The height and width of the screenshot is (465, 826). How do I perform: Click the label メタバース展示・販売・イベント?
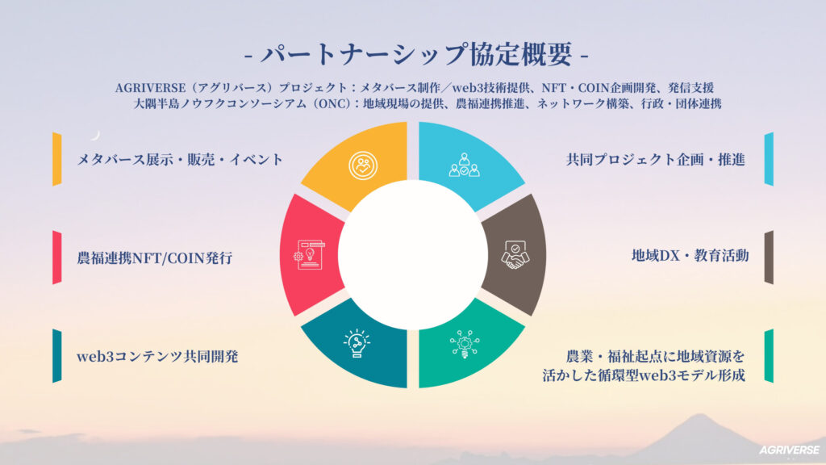pyautogui.click(x=180, y=159)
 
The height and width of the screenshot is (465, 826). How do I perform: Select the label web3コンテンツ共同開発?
pyautogui.click(x=157, y=356)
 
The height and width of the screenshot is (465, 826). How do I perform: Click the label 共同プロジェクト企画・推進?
pyautogui.click(x=654, y=159)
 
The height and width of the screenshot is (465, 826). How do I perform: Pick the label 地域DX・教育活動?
pyautogui.click(x=690, y=256)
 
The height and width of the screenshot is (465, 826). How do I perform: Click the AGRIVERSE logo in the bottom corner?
pyautogui.click(x=789, y=450)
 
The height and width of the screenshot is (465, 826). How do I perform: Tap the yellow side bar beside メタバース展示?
pyautogui.click(x=56, y=159)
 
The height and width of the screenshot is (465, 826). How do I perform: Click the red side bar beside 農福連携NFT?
pyautogui.click(x=56, y=258)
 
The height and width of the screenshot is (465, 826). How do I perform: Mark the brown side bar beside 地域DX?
pyautogui.click(x=769, y=258)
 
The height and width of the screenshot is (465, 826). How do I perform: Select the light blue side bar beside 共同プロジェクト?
pyautogui.click(x=769, y=159)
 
